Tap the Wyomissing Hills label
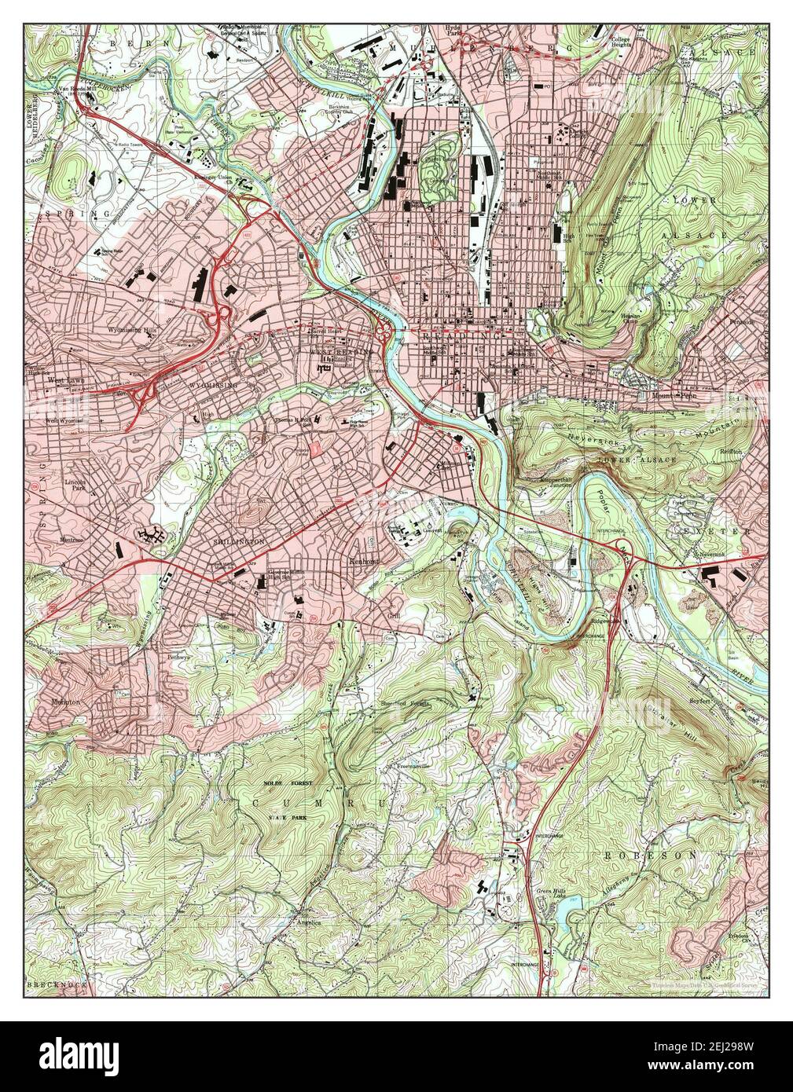click(x=132, y=332)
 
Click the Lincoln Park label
click(x=77, y=482)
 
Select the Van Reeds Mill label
click(x=74, y=88)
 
